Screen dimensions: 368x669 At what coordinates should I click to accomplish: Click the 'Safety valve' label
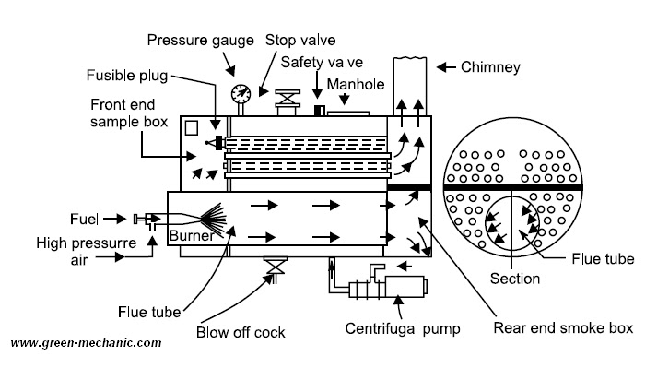point(323,63)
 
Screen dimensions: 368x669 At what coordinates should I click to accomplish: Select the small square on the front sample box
point(191,129)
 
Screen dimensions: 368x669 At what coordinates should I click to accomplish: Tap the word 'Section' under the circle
point(514,279)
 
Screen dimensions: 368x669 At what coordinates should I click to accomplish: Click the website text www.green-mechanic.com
point(86,343)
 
